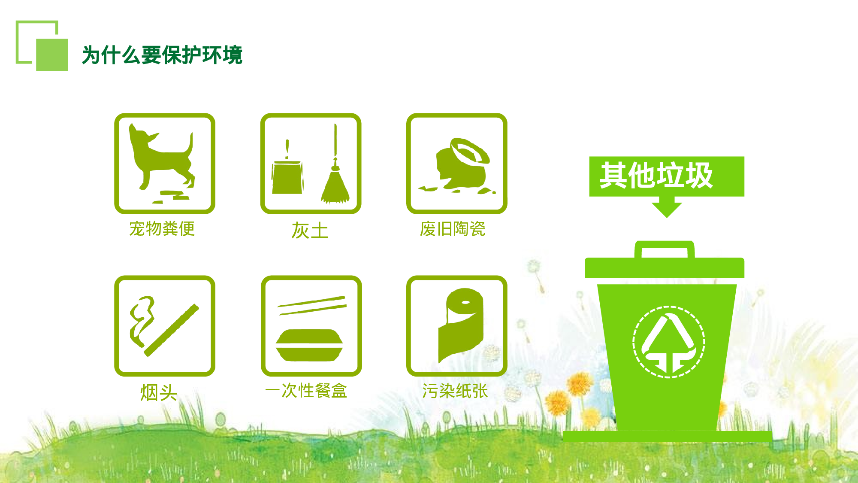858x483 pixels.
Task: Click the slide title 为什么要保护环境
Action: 162,55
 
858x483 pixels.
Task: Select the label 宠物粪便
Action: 162,229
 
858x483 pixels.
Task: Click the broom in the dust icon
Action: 335,180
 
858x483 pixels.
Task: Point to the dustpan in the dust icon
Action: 287,176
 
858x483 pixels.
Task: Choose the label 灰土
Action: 310,231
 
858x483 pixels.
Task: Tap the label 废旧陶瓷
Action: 453,229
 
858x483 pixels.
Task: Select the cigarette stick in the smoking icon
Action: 172,330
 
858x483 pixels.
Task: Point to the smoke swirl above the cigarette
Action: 142,318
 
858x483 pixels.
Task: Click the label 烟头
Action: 158,392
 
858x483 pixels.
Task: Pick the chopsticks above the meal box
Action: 312,305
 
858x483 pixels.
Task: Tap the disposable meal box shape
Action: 309,345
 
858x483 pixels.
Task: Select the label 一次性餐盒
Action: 306,391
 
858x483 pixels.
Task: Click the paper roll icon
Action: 461,324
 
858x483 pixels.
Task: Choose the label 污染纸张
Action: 455,391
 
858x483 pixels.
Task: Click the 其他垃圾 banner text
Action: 656,175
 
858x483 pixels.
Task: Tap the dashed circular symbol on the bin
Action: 669,342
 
